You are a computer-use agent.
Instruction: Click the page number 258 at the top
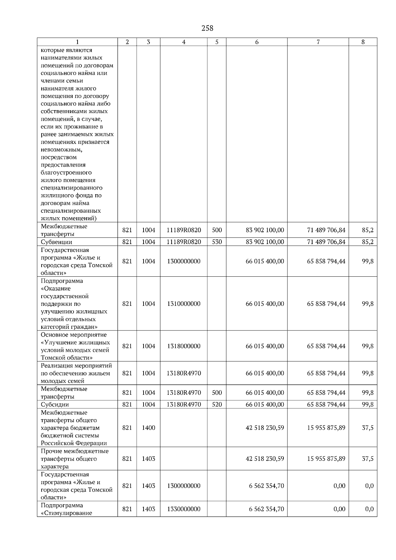(207, 28)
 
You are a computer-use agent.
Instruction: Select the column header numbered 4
(184, 42)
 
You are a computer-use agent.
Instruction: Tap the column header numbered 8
(363, 42)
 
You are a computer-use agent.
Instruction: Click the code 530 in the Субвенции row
(217, 242)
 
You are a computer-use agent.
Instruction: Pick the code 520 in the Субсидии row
(217, 404)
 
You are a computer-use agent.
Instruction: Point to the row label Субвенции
(56, 242)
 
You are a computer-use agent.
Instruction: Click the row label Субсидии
(55, 405)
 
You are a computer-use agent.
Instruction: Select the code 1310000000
(184, 304)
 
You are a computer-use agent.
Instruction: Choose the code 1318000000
(184, 346)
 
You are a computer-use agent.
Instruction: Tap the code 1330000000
(184, 509)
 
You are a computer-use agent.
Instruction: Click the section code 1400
(148, 428)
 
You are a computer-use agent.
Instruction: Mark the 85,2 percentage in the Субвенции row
(368, 242)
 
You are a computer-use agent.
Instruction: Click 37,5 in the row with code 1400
(368, 428)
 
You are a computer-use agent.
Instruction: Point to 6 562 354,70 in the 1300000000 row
(266, 486)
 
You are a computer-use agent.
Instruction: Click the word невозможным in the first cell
(61, 150)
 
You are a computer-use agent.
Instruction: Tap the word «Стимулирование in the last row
(66, 513)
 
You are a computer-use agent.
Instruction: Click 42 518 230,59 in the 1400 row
(265, 428)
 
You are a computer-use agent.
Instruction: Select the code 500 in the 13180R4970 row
(217, 392)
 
